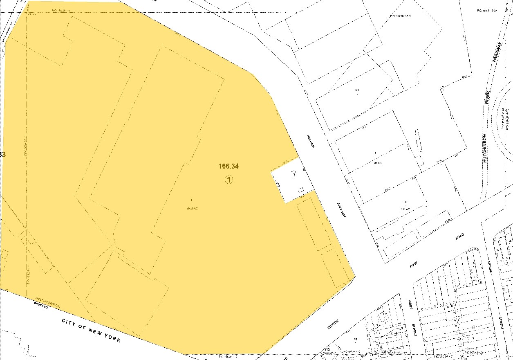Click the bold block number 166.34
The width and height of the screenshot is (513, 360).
228,166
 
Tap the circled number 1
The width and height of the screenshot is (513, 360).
229,179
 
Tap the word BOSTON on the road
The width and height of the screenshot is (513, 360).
333,325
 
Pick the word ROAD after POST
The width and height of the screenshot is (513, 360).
459,238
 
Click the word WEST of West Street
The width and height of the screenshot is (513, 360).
411,306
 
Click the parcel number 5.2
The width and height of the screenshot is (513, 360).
357,90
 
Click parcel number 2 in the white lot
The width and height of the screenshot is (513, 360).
294,175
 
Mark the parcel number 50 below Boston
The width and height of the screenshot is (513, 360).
355,339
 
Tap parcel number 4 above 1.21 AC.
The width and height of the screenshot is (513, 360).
405,202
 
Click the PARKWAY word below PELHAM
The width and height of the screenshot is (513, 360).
342,210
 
